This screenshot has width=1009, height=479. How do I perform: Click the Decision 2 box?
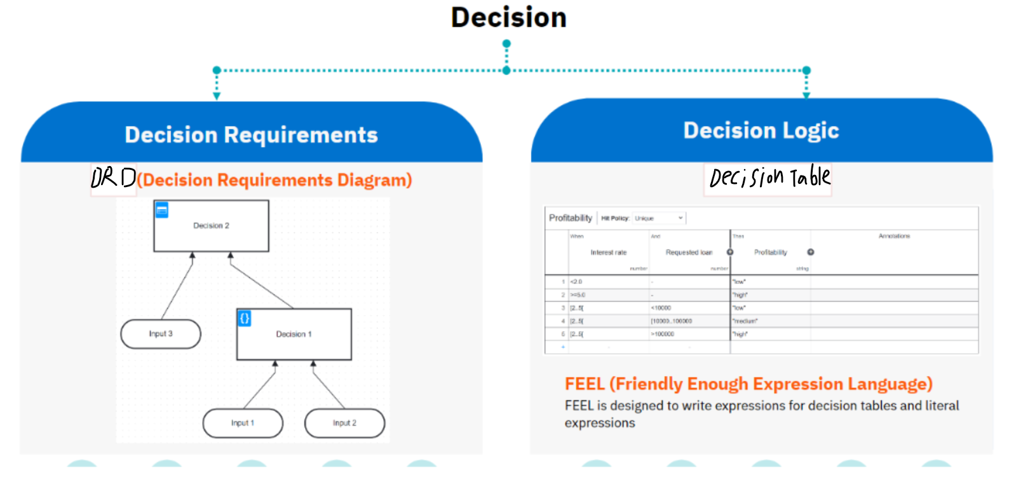(x=211, y=226)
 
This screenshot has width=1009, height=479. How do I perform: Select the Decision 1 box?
(x=294, y=335)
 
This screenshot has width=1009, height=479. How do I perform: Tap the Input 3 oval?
(x=161, y=334)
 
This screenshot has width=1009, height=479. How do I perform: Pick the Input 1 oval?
(x=243, y=423)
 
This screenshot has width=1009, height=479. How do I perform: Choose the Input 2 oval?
(x=344, y=423)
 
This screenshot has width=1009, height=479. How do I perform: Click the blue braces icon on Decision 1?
(x=245, y=318)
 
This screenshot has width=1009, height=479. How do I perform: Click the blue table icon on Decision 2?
(x=162, y=210)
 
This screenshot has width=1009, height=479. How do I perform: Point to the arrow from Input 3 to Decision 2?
(x=177, y=286)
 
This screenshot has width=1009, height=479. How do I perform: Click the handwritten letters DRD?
(x=113, y=178)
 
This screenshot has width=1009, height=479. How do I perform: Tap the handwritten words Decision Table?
(x=769, y=177)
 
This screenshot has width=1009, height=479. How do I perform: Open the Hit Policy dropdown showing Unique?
(x=659, y=218)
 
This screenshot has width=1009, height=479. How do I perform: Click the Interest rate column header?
(x=608, y=253)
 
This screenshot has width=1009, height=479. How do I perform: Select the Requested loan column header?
(x=689, y=253)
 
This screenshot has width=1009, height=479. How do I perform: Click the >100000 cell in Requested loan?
(x=663, y=334)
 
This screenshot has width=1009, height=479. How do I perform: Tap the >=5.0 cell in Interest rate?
(x=578, y=295)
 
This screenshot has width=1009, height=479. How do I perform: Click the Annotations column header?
(x=894, y=236)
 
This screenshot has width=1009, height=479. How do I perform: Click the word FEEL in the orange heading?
(x=584, y=384)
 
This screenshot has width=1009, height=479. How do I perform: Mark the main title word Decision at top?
(x=508, y=18)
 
